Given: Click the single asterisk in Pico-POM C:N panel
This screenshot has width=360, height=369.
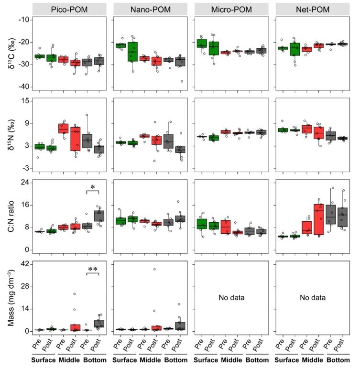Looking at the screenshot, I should pos(92,188).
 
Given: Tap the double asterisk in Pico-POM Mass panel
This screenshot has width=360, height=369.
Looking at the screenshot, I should pos(92,270).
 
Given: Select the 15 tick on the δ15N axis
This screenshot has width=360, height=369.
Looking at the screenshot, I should pos(25,100).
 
